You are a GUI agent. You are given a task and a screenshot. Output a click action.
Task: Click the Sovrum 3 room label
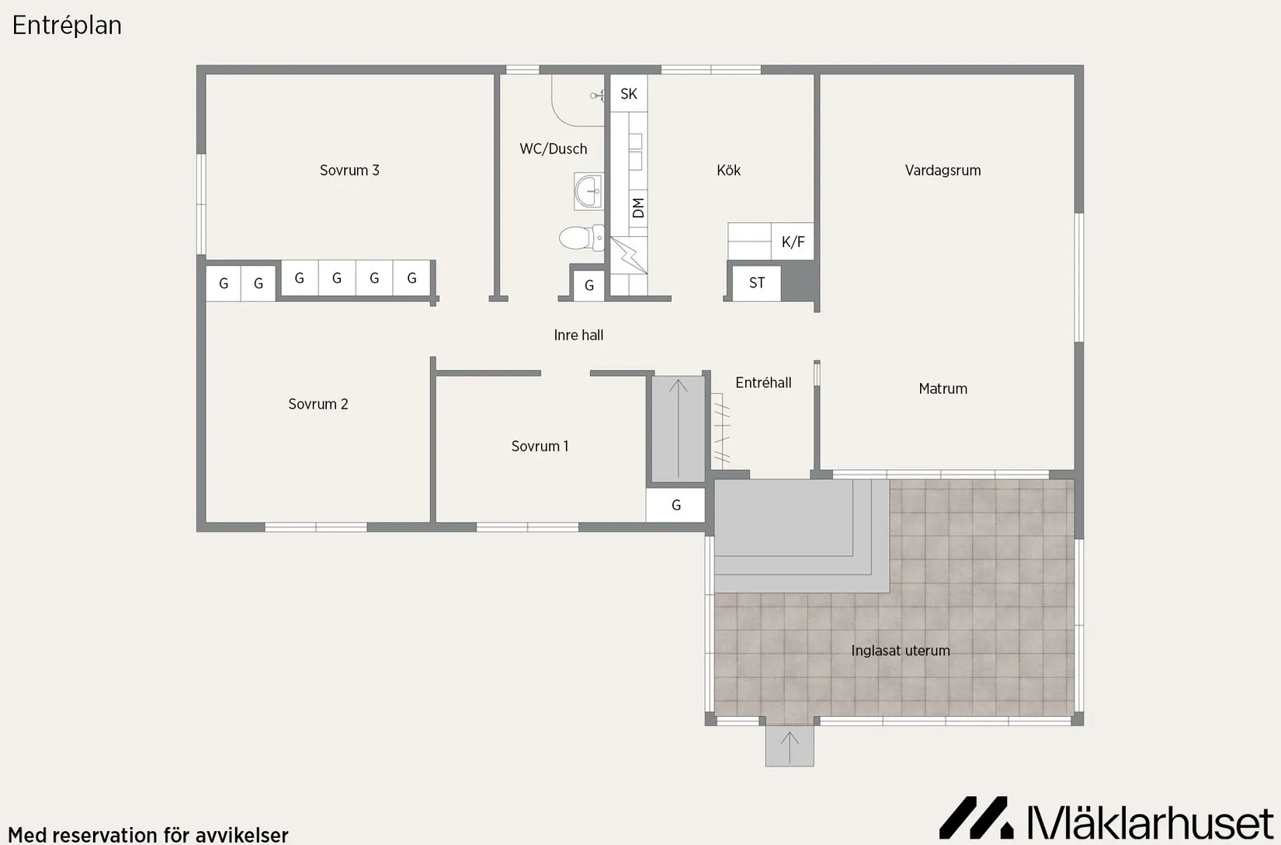coord(349,170)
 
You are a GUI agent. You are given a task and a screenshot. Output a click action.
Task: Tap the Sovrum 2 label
coord(318,404)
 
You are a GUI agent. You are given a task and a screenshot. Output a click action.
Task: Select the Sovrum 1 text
coord(540,447)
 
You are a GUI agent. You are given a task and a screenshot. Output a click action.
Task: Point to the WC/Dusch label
coord(553,149)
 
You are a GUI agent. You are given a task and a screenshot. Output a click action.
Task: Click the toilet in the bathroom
coord(581,238)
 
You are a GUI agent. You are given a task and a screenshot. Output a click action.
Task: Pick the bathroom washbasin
coord(589,191)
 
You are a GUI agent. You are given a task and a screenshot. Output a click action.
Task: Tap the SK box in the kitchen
coord(629,93)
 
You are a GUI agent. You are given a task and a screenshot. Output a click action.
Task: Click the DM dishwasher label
coord(638,207)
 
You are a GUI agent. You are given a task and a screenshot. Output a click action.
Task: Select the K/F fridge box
coord(793,242)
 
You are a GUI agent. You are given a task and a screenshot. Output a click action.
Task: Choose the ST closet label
coord(757,283)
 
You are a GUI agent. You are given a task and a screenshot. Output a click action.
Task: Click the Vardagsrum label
coord(943,170)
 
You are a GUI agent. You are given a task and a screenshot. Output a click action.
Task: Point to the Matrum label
coord(943,388)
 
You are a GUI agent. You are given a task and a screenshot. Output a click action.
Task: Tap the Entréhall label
coord(763,382)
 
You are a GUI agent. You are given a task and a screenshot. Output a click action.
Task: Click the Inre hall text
coord(578,335)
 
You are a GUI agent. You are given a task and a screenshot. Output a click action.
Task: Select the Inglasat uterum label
coord(900,651)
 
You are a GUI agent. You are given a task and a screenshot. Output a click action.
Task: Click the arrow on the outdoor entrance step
coord(790,747)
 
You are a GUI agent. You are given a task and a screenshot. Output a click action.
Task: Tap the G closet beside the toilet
coord(589,285)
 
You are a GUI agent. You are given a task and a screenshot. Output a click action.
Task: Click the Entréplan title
coord(67,26)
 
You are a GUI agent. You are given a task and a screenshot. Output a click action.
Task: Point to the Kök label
coord(728,170)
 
